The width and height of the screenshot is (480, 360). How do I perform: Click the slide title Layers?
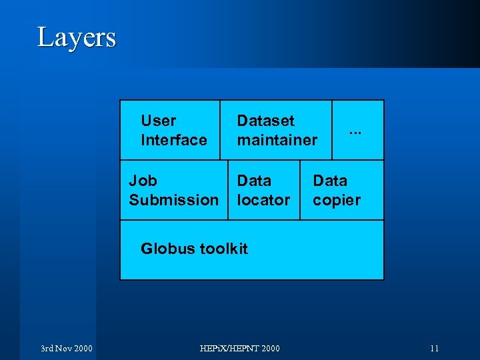[77, 37]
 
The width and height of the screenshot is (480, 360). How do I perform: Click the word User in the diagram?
[159, 121]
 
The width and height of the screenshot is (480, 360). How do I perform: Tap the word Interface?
[174, 140]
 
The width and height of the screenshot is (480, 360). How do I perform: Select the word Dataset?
[265, 121]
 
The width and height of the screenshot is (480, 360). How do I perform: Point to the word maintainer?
[277, 140]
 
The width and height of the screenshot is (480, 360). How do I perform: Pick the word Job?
[143, 181]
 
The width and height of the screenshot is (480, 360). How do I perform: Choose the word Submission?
[173, 200]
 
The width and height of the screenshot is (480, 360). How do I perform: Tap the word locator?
[263, 200]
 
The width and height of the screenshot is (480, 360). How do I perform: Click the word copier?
[337, 200]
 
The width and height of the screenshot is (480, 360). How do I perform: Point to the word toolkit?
[223, 249]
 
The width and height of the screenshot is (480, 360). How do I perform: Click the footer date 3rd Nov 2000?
[66, 348]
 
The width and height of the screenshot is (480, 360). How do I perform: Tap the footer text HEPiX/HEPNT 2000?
[240, 348]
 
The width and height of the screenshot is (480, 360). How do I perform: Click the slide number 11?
[434, 348]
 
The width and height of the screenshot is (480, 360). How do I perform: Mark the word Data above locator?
[254, 181]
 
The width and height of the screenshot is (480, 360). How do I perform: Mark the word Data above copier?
[330, 181]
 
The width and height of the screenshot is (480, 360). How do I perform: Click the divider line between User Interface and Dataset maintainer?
[220, 130]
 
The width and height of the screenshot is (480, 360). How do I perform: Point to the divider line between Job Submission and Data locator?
[228, 190]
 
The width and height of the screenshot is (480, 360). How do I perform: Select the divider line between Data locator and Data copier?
[300, 190]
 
